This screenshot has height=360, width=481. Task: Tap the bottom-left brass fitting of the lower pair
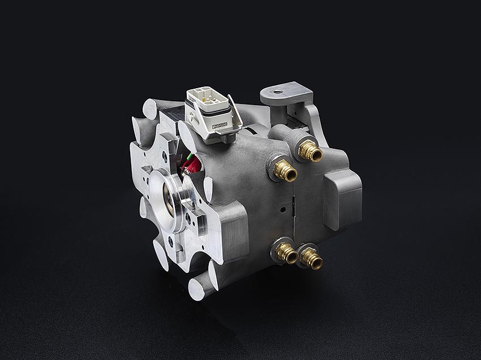tap(287, 253)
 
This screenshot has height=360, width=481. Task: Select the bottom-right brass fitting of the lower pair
tap(311, 259)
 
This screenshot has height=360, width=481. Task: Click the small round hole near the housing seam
tap(281, 210)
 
